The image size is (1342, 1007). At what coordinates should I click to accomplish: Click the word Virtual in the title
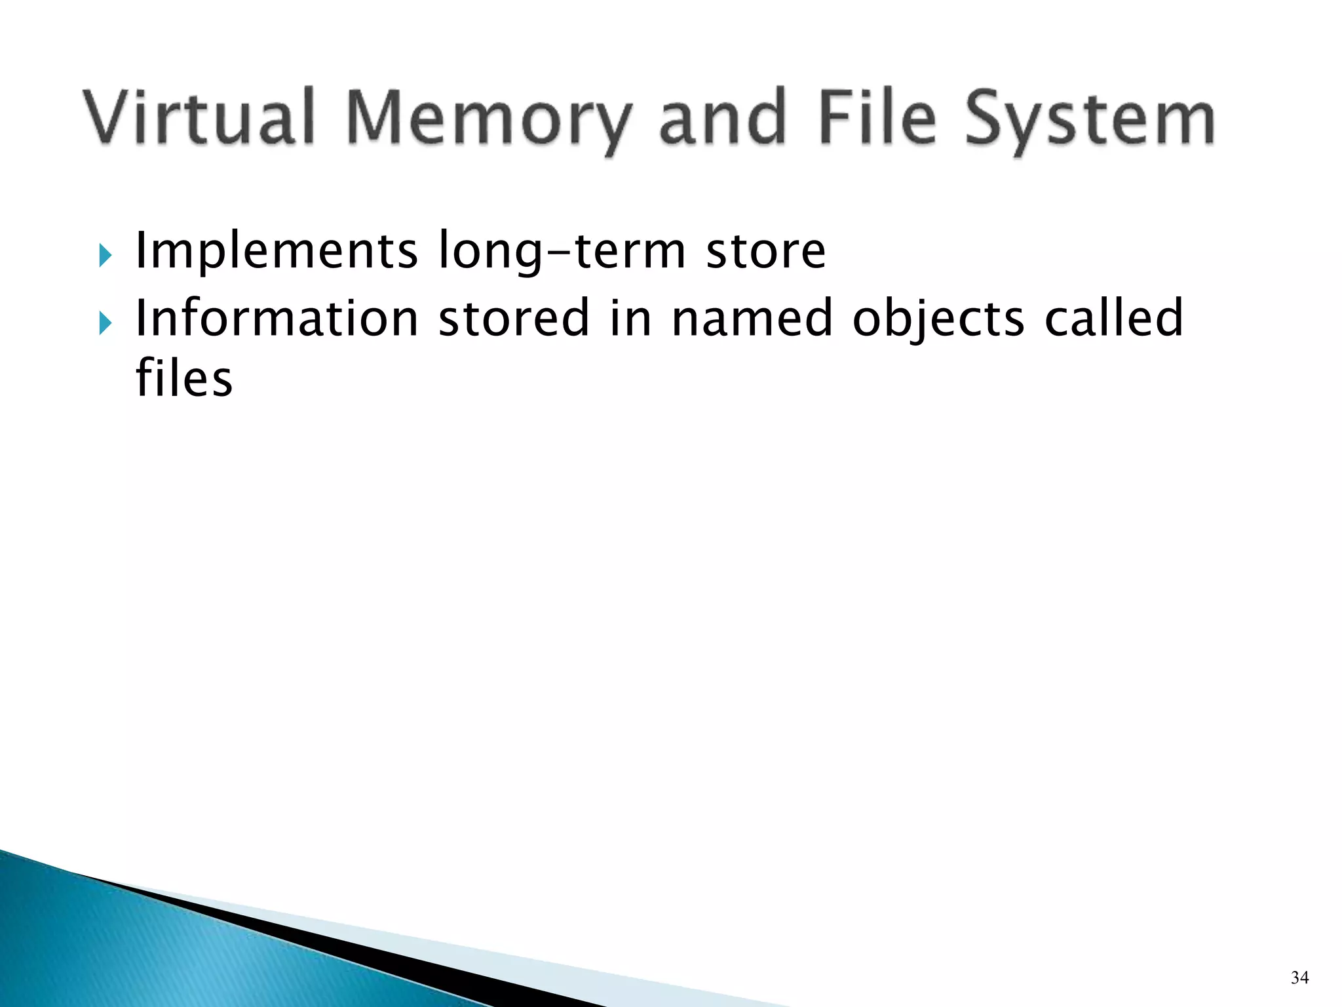[199, 119]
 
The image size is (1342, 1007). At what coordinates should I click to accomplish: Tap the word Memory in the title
[488, 119]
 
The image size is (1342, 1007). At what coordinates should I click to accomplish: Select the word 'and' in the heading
[722, 119]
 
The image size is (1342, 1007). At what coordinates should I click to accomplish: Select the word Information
[277, 319]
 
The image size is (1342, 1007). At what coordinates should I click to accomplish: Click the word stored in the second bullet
[514, 319]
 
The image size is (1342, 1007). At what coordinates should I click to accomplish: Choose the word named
[752, 319]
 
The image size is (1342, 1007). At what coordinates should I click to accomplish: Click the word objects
[938, 319]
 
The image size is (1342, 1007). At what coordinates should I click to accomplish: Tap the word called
[1113, 319]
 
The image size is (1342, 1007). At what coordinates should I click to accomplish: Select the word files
[184, 379]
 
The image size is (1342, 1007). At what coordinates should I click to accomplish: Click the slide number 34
[1299, 978]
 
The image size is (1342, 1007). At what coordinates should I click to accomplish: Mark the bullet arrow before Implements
[105, 255]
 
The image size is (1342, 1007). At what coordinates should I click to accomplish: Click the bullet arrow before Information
[105, 323]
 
